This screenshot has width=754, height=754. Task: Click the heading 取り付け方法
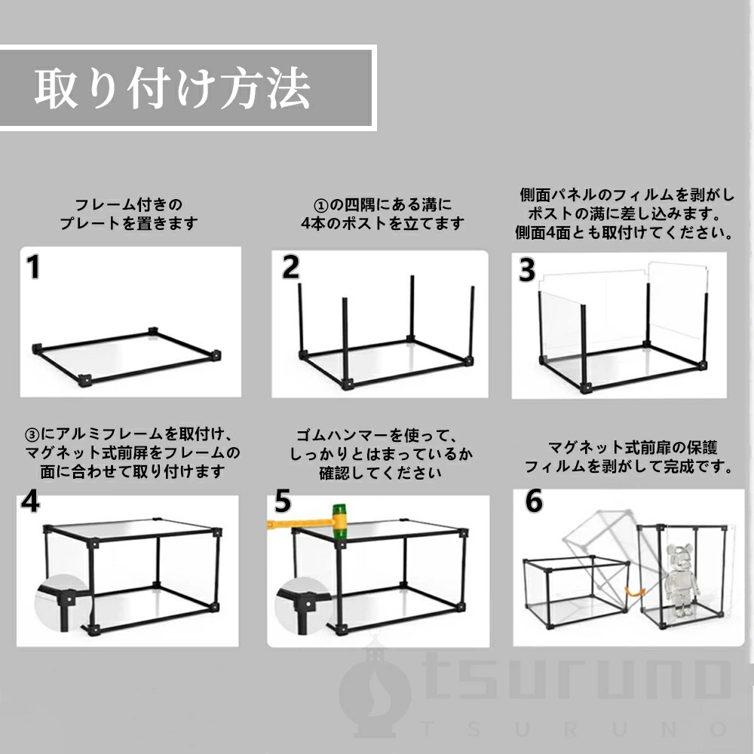(x=172, y=88)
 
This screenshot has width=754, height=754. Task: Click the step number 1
(x=33, y=267)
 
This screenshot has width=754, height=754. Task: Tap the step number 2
(x=290, y=267)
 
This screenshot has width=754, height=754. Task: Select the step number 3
(x=527, y=270)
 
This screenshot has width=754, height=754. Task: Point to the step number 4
(x=30, y=501)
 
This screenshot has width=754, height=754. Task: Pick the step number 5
(x=283, y=501)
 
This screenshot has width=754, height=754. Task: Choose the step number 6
(x=534, y=501)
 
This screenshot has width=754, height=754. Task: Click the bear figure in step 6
(x=682, y=579)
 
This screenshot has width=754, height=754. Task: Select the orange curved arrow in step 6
(x=635, y=592)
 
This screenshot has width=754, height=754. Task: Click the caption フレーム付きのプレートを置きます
(x=129, y=214)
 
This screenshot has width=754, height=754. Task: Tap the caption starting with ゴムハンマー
(x=381, y=454)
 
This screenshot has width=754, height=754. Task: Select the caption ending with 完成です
(x=629, y=457)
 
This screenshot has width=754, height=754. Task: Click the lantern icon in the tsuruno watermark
(x=375, y=691)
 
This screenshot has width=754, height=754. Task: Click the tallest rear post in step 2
(x=412, y=308)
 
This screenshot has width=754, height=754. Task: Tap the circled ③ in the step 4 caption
(x=32, y=435)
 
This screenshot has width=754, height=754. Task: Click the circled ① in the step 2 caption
(x=320, y=206)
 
